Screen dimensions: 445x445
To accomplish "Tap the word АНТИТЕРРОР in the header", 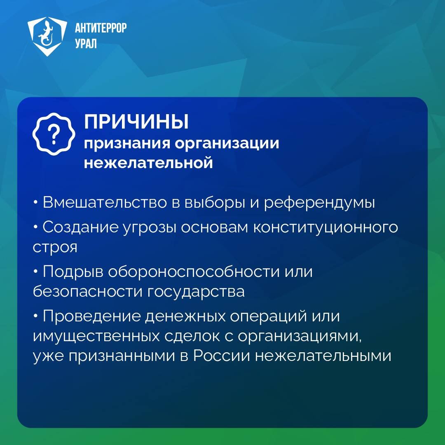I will pyautogui.click(x=101, y=28).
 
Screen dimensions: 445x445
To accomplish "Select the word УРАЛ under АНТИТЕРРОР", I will pyautogui.click(x=86, y=44).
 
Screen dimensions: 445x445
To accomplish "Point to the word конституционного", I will pyautogui.click(x=326, y=227).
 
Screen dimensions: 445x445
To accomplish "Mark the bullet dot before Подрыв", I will pyautogui.click(x=35, y=272).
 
